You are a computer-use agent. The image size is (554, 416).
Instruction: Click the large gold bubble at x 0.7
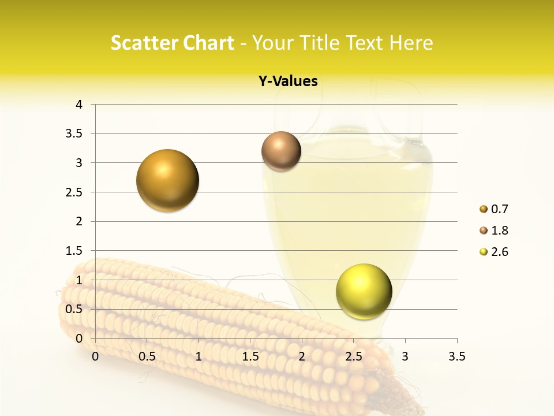(167, 180)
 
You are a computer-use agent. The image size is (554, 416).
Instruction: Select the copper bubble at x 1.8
(281, 151)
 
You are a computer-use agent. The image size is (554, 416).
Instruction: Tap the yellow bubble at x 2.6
(364, 292)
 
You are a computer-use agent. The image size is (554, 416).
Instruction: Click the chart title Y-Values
(288, 81)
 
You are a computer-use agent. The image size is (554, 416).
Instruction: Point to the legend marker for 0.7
(483, 209)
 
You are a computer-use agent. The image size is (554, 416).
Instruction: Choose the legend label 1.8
(499, 231)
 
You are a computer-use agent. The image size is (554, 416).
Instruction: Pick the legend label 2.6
(499, 252)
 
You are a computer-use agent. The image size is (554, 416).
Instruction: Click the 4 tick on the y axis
(79, 105)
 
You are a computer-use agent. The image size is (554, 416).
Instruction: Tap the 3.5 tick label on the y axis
(74, 133)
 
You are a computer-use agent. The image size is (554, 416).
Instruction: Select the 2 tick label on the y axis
(79, 221)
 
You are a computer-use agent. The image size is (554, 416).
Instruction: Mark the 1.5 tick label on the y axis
(74, 251)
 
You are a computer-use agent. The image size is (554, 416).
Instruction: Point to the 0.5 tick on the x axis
(147, 356)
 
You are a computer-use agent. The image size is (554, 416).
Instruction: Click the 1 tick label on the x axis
(199, 356)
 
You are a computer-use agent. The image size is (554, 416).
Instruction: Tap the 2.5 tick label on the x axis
(354, 356)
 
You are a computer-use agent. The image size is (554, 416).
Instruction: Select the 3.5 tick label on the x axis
(457, 356)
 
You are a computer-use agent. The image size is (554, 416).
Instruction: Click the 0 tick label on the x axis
(95, 356)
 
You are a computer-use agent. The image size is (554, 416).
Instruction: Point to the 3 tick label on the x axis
(405, 356)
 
